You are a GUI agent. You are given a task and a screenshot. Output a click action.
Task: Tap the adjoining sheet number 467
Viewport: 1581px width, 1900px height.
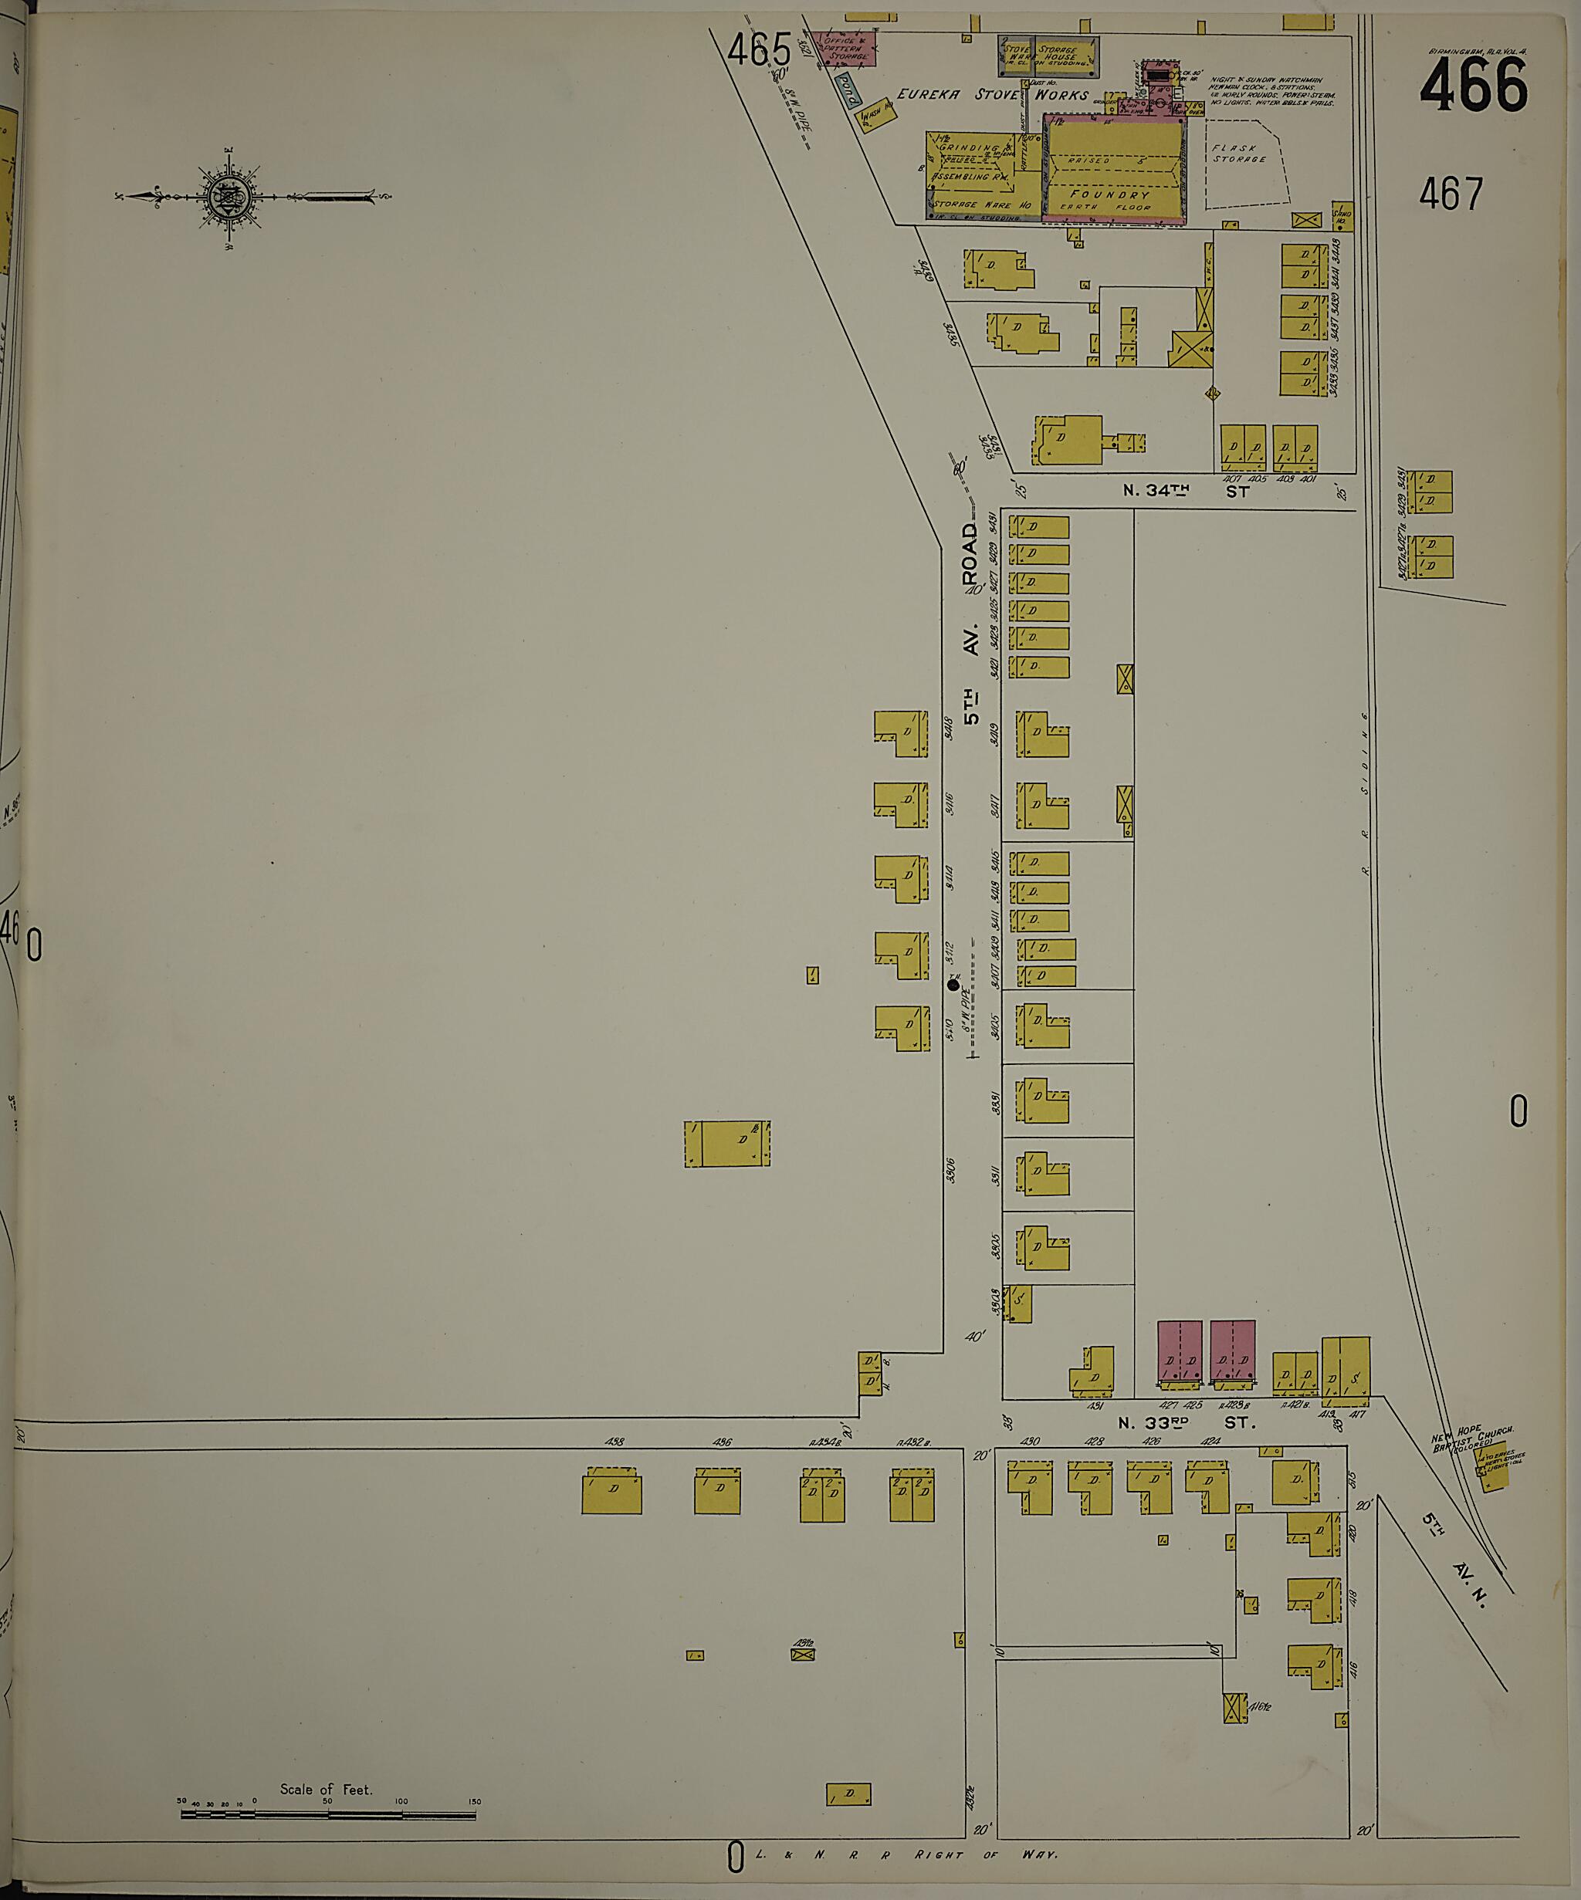(1451, 194)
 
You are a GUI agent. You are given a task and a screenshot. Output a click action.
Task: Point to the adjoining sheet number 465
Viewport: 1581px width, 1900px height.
(758, 49)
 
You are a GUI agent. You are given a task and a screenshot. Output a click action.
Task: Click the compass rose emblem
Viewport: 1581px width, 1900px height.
(222, 196)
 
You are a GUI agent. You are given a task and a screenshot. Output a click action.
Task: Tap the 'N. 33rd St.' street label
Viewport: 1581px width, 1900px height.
(1187, 1423)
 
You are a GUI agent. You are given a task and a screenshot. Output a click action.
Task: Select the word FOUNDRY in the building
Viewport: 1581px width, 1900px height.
(1110, 194)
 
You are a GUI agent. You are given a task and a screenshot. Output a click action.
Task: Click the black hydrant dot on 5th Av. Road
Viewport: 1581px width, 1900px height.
(952, 985)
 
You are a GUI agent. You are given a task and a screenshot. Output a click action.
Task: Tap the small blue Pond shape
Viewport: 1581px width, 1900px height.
(846, 90)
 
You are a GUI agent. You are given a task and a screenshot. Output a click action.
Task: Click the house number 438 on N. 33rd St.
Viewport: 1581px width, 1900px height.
(615, 1442)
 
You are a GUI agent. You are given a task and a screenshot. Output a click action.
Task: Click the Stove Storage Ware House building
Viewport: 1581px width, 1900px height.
(1050, 56)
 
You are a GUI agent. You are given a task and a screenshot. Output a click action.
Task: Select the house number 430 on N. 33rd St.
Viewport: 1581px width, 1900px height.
(1030, 1442)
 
